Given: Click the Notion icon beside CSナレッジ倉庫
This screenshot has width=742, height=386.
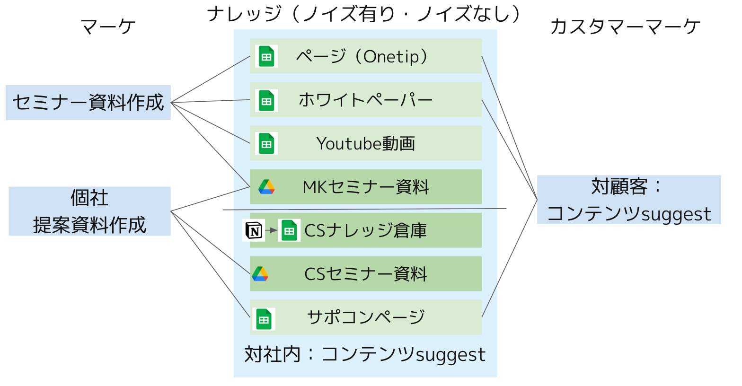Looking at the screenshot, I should (x=254, y=230).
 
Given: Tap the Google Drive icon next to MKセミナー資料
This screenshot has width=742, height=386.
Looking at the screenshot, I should (x=266, y=187).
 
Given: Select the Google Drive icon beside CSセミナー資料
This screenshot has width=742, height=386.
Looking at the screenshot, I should (x=260, y=274).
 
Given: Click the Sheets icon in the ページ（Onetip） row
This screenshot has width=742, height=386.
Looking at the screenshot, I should (x=266, y=56).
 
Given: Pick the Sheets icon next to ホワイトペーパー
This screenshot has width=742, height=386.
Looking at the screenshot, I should (x=266, y=100).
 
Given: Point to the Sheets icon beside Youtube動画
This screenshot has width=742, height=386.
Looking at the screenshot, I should (x=266, y=143).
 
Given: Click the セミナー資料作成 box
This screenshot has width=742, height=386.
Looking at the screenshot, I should (x=88, y=102).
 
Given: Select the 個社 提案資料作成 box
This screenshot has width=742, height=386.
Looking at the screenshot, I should (x=89, y=211).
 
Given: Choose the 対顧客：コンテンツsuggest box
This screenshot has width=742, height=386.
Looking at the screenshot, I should (x=628, y=200).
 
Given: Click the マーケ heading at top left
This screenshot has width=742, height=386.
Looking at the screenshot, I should (x=108, y=26).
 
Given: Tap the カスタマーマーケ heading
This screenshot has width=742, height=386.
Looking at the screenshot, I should (x=625, y=26).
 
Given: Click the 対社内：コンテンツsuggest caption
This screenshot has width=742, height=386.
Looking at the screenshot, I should (x=365, y=354).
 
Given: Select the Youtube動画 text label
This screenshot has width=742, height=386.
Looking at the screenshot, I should (x=366, y=143).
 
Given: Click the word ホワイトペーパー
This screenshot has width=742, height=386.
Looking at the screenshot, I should (x=366, y=100).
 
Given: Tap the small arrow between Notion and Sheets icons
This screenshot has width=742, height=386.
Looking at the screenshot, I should (x=271, y=230).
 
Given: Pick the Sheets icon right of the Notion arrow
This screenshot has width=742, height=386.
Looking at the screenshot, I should (x=289, y=230).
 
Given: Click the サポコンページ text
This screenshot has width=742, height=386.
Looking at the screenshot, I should (x=366, y=317).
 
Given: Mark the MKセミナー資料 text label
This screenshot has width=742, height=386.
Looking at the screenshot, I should (x=366, y=187).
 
